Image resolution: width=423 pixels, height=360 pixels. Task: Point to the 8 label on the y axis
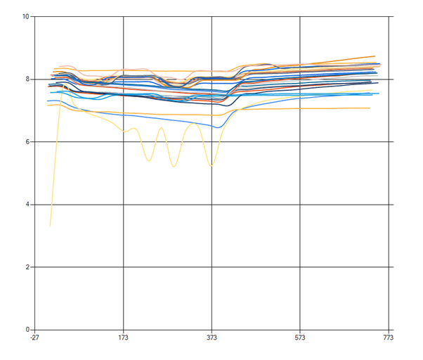27,79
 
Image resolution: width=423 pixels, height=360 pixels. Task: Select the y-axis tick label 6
27,141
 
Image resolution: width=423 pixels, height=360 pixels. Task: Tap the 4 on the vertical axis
27,204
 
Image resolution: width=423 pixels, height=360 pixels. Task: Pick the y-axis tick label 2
27,267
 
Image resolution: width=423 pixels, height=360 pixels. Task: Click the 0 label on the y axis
27,330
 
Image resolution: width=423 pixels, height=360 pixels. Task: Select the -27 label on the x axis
34,338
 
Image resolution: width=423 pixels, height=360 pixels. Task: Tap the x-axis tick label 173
123,338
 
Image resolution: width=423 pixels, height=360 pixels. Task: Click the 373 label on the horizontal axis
211,338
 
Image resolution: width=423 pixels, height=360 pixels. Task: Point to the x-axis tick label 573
300,338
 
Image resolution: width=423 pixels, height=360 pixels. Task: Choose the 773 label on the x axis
388,338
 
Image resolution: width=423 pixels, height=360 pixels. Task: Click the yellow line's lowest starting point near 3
50,226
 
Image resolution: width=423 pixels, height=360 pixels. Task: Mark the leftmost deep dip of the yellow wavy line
149,161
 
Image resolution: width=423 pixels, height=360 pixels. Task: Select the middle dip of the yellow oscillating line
174,167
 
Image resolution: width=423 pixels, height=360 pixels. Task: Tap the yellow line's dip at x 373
211,166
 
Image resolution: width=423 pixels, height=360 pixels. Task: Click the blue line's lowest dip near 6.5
218,127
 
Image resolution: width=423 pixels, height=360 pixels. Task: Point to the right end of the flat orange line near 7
370,108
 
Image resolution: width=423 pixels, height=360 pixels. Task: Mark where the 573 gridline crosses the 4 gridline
300,205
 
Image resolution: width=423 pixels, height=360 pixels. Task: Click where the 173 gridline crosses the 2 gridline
123,267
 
